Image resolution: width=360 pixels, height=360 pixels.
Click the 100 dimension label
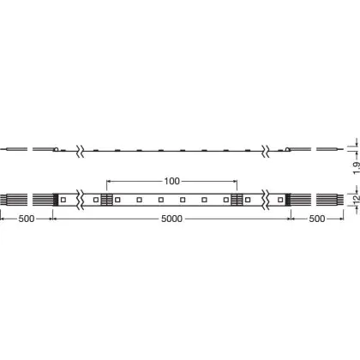click(x=171, y=181)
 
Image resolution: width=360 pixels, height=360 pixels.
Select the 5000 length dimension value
click(x=171, y=219)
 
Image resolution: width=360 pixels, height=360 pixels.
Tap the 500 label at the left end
click(x=27, y=219)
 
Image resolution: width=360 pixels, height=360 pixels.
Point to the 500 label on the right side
click(x=317, y=219)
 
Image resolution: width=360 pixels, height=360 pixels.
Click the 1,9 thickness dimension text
click(x=357, y=168)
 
